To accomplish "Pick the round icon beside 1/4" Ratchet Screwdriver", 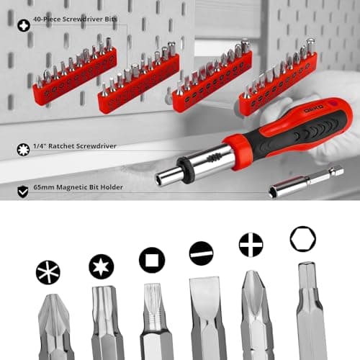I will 23,150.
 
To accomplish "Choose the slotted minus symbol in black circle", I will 201,253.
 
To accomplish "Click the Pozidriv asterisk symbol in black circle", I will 48,272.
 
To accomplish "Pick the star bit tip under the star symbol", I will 107,320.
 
